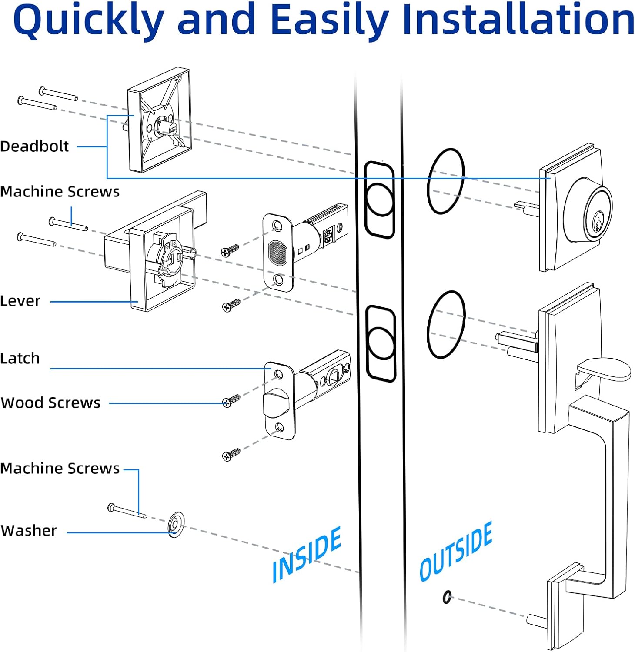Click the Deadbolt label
coord(34,146)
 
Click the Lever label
coord(20,301)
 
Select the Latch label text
coord(20,359)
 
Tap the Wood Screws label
coord(50,403)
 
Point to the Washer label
coord(29,531)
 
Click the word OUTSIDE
coord(455,552)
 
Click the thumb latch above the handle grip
coord(604,369)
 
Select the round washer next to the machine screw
coord(176,524)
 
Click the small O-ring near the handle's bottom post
coord(447,597)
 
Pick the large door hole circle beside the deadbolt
coord(446,181)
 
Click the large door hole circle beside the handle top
coord(446,324)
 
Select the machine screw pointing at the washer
coord(127,512)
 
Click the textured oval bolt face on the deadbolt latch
coord(277,253)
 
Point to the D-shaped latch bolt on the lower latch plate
coord(277,402)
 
